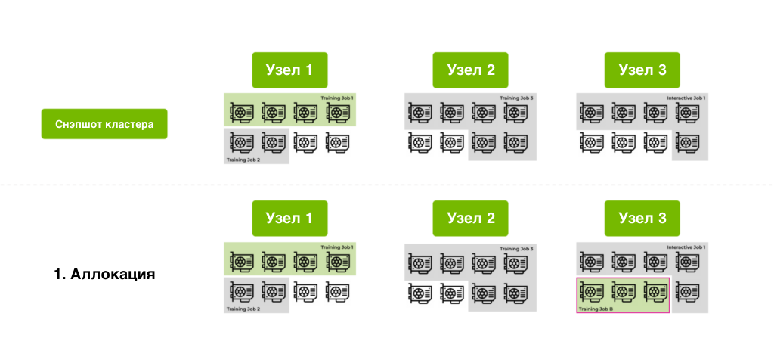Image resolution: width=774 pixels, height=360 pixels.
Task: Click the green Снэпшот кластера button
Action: click(x=104, y=124)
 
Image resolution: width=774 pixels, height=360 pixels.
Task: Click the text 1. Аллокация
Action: click(x=104, y=274)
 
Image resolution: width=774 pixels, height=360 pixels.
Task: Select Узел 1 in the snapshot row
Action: click(x=289, y=70)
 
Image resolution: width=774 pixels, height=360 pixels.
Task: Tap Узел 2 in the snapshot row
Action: click(x=469, y=70)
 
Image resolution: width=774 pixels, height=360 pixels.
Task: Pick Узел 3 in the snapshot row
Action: click(x=642, y=70)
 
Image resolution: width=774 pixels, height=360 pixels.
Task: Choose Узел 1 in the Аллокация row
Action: click(x=289, y=219)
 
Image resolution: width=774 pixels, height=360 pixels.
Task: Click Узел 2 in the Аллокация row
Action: click(x=469, y=219)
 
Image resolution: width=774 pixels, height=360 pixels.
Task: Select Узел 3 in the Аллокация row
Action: click(x=642, y=219)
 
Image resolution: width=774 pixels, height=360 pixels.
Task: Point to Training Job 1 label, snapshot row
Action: click(x=337, y=98)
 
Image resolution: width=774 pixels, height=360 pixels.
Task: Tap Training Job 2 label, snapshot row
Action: click(x=243, y=160)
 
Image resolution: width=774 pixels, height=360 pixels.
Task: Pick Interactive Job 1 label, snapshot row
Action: click(x=686, y=98)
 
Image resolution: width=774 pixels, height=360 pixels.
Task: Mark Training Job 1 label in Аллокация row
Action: click(x=337, y=247)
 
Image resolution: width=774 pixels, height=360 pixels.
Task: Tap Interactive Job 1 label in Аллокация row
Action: click(x=686, y=247)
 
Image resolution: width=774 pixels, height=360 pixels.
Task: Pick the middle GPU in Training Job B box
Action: click(x=623, y=290)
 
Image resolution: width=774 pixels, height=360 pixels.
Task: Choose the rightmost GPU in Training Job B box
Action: click(x=655, y=290)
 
